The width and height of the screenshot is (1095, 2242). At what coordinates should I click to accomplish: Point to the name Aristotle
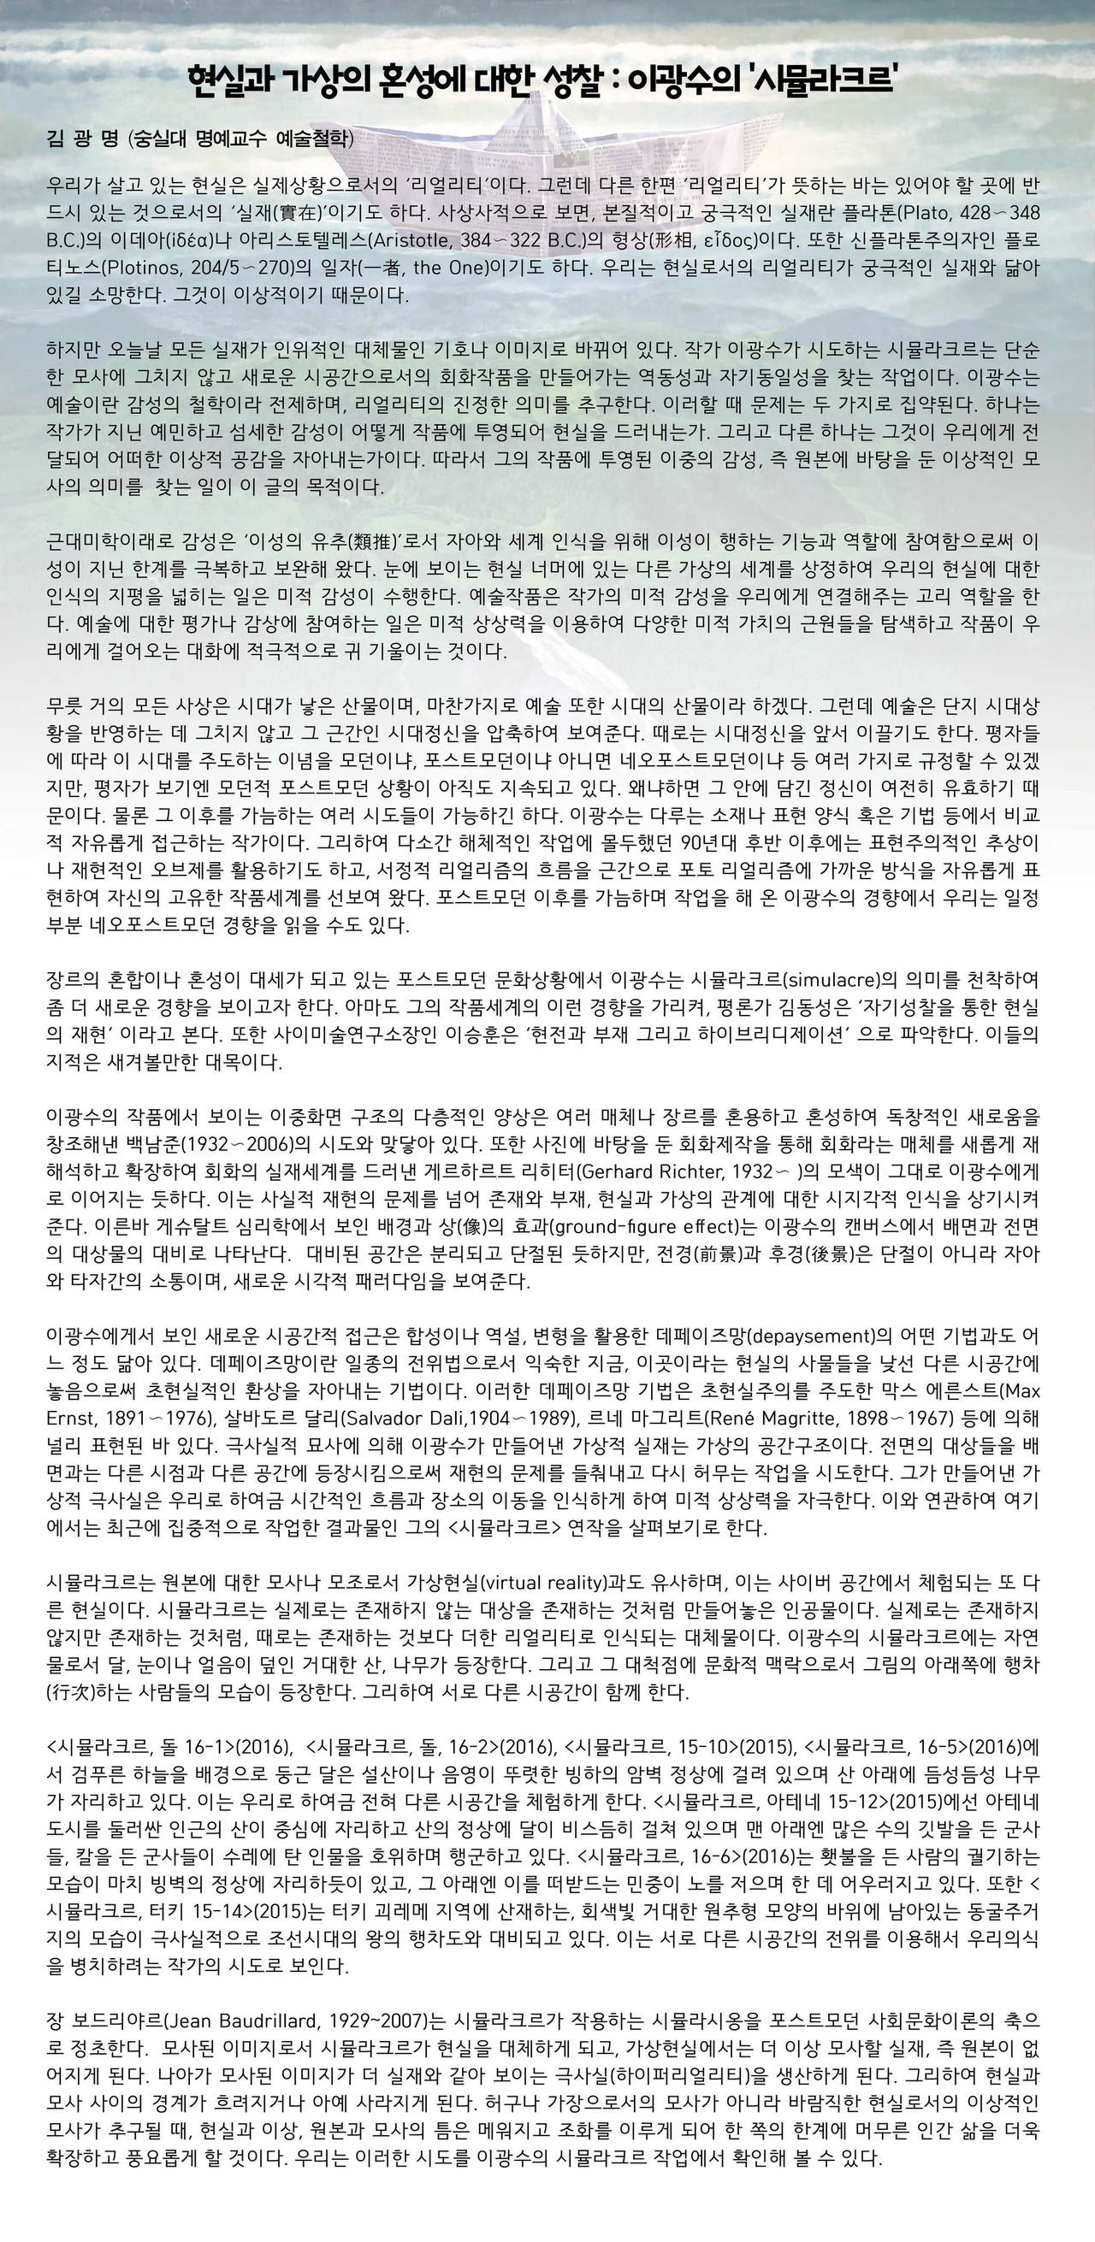pos(409,240)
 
